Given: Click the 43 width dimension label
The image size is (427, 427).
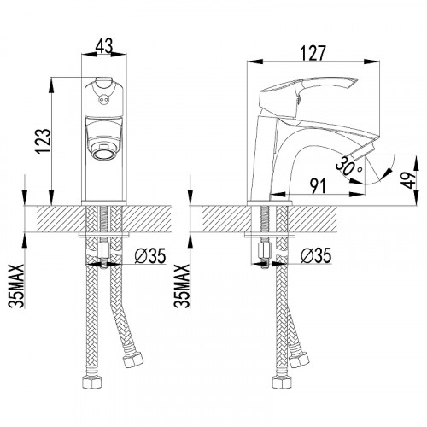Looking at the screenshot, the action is (104, 45).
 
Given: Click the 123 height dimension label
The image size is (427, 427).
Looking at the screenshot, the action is (44, 142).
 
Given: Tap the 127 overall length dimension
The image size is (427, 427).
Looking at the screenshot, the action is (313, 53).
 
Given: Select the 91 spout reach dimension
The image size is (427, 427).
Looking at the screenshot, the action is (318, 186).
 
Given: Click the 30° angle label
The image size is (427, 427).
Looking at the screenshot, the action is (348, 167).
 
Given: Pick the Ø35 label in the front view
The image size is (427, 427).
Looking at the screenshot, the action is (150, 255).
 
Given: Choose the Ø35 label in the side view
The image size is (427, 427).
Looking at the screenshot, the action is (316, 255).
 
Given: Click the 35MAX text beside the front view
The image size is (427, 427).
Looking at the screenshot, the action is (16, 286).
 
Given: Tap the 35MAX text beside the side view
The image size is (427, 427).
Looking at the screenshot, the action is (182, 286).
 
